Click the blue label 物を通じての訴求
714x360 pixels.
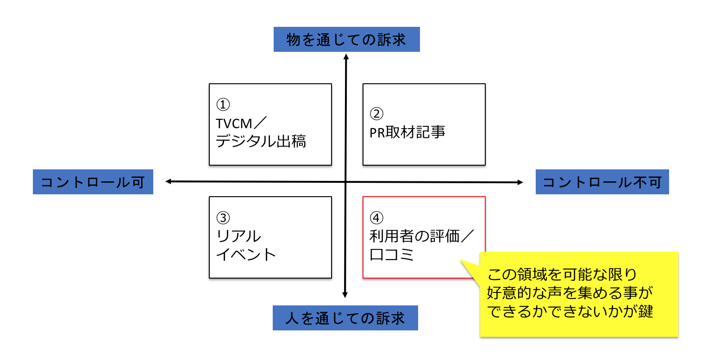[x=346, y=40]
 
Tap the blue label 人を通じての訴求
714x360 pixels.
[x=345, y=318]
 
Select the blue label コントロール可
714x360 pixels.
[x=93, y=182]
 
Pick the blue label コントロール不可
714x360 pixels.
[x=602, y=182]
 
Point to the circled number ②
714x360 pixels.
[x=376, y=113]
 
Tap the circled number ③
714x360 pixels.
[x=223, y=217]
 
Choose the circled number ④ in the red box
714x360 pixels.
[x=376, y=217]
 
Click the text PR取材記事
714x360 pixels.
[x=407, y=132]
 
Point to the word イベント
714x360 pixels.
[x=246, y=254]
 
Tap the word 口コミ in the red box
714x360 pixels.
[x=392, y=254]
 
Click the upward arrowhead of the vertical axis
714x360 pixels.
[x=345, y=56]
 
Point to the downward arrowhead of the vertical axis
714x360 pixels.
[x=345, y=294]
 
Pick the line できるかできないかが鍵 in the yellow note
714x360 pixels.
[x=570, y=311]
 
